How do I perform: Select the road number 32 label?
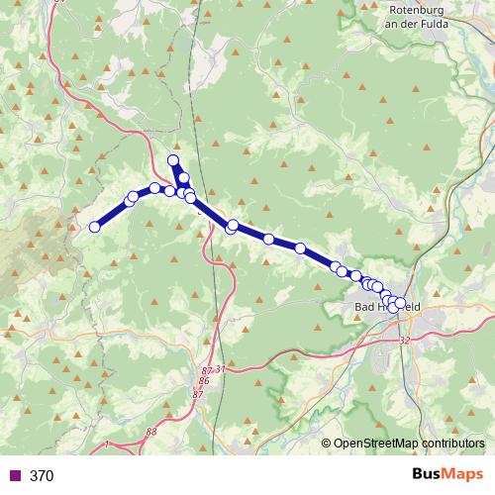click(x=404, y=341)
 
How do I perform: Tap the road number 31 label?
click(x=220, y=369)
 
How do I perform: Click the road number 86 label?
click(x=204, y=381)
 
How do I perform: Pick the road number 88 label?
click(x=150, y=432)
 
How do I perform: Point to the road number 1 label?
click(x=106, y=445)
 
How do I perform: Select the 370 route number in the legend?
click(x=42, y=476)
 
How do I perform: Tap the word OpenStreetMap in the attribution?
click(x=371, y=444)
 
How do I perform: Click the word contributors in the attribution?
click(x=449, y=444)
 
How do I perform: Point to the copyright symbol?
click(x=326, y=444)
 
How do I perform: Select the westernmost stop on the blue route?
click(x=95, y=227)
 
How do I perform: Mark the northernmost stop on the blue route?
click(x=173, y=160)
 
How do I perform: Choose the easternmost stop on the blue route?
click(x=400, y=302)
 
